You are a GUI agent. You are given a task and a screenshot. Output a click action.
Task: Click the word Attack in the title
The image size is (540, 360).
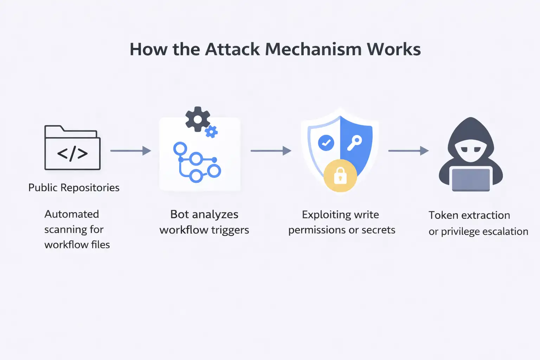[233, 49]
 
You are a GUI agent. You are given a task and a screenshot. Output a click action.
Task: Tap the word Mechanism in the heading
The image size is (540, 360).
[313, 49]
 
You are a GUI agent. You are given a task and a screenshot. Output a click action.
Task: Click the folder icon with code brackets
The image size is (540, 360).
[72, 148]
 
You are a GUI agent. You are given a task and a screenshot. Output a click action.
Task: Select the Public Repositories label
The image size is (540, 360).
[74, 188]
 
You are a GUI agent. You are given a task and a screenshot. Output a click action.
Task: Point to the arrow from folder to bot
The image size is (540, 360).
[130, 151]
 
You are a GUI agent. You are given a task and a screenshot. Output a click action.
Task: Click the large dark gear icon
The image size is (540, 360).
[198, 119]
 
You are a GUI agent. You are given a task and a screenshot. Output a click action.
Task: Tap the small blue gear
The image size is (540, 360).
[211, 132]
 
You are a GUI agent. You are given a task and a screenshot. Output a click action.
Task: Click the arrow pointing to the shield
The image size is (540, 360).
[271, 151]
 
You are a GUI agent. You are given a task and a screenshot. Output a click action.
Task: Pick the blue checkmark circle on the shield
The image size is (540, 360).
[326, 143]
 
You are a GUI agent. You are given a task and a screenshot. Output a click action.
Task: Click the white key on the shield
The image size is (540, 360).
[354, 143]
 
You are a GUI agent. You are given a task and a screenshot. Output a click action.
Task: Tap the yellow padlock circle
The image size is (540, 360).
[340, 175]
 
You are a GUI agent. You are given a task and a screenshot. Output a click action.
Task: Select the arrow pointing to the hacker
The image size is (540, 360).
[408, 151]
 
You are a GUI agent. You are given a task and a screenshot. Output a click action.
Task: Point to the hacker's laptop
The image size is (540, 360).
[471, 179]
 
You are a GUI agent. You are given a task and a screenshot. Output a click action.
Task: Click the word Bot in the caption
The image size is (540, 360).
[179, 214]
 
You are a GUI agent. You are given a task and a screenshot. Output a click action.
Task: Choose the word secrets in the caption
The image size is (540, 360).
[378, 230]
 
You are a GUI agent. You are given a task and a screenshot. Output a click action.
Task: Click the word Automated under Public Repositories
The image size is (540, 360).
[72, 214]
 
